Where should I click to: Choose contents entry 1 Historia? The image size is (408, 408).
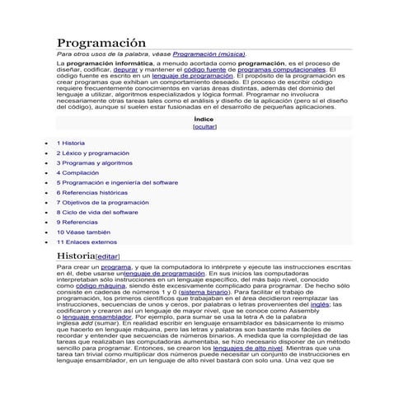71,143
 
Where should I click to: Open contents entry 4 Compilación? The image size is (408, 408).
77,173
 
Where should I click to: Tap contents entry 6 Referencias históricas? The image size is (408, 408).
90,193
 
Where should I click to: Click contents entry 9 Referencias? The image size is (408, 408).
77,223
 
